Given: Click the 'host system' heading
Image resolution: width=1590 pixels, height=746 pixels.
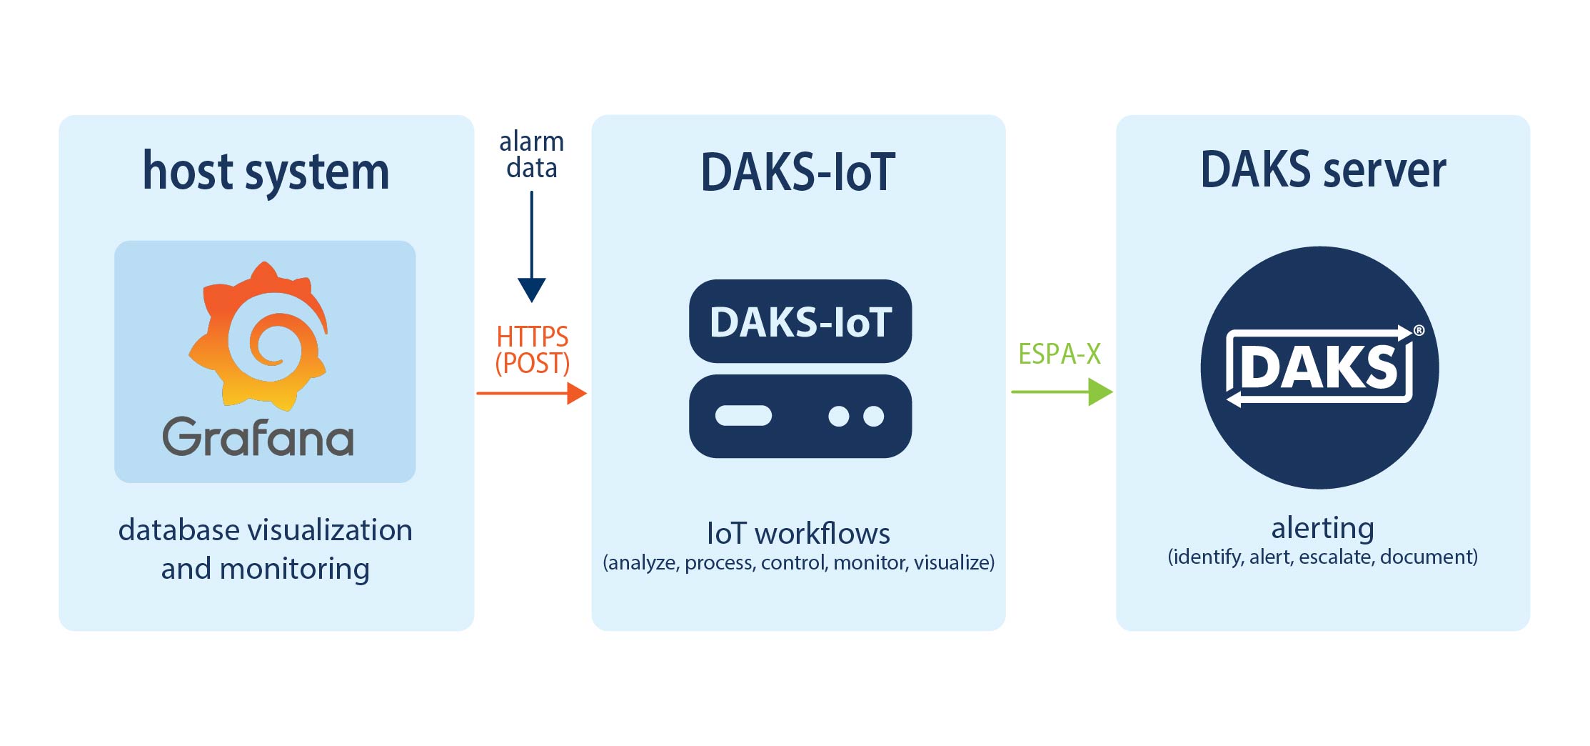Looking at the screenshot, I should (266, 171).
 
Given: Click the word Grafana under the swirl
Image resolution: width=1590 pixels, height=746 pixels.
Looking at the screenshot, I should (258, 437).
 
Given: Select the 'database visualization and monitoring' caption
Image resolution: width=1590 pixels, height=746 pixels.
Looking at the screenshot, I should (266, 549).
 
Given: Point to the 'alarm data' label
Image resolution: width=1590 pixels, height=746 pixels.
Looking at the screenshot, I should (531, 154).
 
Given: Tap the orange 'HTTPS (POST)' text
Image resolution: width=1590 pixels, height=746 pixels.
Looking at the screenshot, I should (533, 349).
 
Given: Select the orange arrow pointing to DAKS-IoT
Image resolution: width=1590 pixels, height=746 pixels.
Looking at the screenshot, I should (532, 393).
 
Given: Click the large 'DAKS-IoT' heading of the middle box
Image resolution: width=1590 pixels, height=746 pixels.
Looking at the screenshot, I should (797, 172).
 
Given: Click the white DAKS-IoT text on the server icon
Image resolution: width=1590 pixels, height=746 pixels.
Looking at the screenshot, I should (800, 322).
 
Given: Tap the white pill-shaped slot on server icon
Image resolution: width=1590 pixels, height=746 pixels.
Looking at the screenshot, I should (743, 416).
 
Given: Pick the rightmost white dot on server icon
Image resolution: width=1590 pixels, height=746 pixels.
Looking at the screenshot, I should (873, 416).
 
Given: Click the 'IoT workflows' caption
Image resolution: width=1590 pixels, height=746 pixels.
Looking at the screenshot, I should (798, 533).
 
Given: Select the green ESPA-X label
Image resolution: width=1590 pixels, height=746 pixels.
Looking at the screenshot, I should (1060, 354).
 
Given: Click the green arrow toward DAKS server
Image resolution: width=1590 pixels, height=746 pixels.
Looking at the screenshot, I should (1062, 392).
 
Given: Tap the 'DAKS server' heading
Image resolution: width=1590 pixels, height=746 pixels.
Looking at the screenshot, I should (1323, 170).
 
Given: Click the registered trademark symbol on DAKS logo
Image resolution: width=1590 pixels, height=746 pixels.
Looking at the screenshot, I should (1419, 330).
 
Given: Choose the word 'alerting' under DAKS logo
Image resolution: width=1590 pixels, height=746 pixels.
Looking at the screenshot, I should (1322, 528).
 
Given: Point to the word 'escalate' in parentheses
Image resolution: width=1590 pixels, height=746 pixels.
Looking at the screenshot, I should (1336, 557).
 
